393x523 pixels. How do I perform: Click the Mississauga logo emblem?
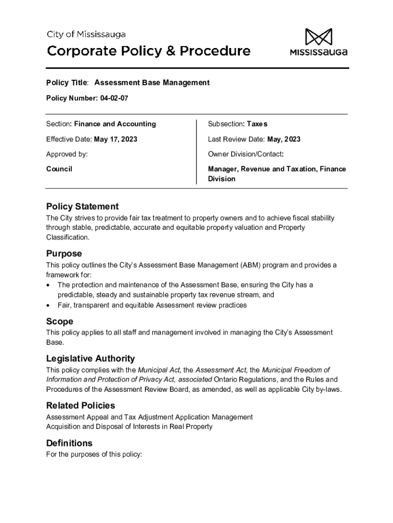point(318,37)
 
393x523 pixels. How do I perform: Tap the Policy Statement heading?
point(82,206)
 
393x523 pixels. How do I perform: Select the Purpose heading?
point(64,253)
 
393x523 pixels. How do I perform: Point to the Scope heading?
point(60,321)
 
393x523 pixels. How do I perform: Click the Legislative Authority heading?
point(90,359)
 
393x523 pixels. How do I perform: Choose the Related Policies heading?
point(81,406)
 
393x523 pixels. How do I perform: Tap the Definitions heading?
point(69,443)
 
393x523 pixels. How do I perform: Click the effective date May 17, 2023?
point(115,139)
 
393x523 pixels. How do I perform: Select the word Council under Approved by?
point(59,169)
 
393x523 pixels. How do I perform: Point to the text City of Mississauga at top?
point(86,35)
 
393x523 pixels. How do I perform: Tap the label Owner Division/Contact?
point(245,154)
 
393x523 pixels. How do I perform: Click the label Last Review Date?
point(236,139)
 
